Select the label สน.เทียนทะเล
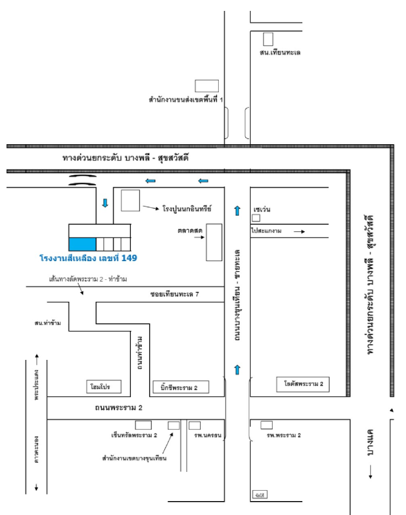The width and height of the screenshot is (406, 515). coord(280,53)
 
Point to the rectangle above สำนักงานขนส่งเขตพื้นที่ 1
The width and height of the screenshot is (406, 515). coord(206,86)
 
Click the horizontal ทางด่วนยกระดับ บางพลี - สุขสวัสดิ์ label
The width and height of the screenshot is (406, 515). coord(126,158)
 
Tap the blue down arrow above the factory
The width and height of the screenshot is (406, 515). coord(105,203)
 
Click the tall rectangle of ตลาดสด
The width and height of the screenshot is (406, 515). coord(213,242)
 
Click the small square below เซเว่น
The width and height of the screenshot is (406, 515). coord(256,218)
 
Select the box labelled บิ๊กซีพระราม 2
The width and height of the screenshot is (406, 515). coord(180,386)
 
